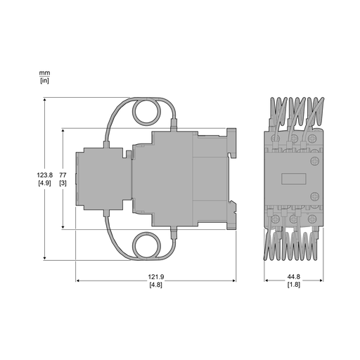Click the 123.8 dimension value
coord(44,175)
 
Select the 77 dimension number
coord(63,175)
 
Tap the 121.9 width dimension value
coord(156,277)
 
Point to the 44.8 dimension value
coord(294,277)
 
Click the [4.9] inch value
coord(44,183)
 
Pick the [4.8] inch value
coord(156,285)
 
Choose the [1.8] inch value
coord(294,285)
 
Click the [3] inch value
coord(63,183)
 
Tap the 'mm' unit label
coord(44,73)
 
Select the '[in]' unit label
coord(44,81)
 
